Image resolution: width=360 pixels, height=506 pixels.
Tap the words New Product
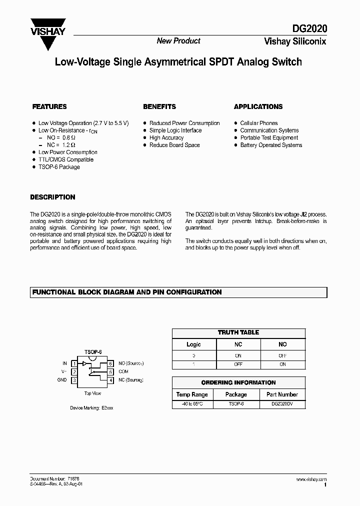pyautogui.click(x=178, y=41)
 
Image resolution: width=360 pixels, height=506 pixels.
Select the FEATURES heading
pyautogui.click(x=49, y=106)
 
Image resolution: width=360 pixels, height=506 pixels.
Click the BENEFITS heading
pyautogui.click(x=159, y=106)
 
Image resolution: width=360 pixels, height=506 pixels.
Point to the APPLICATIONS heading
pyautogui.click(x=258, y=106)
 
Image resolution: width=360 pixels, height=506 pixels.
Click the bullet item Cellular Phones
pyautogui.click(x=258, y=123)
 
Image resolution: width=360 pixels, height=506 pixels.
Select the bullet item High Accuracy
pyautogui.click(x=166, y=137)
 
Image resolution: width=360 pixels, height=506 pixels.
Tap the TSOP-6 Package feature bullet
pyautogui.click(x=59, y=167)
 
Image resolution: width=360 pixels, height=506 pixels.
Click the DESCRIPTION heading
pyautogui.click(x=52, y=197)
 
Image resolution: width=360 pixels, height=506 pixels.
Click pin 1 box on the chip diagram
pyautogui.click(x=74, y=363)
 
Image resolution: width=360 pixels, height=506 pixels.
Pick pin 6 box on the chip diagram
pyautogui.click(x=110, y=363)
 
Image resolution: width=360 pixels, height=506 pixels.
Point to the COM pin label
pyautogui.click(x=123, y=371)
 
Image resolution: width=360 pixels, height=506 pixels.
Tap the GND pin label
pyautogui.click(x=62, y=380)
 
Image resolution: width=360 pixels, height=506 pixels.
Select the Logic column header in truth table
pyautogui.click(x=193, y=344)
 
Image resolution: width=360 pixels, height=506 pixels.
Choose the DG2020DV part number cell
pyautogui.click(x=282, y=403)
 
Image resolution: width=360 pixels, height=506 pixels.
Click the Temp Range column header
pyautogui.click(x=192, y=394)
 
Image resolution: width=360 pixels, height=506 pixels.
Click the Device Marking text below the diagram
pyautogui.click(x=91, y=408)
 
